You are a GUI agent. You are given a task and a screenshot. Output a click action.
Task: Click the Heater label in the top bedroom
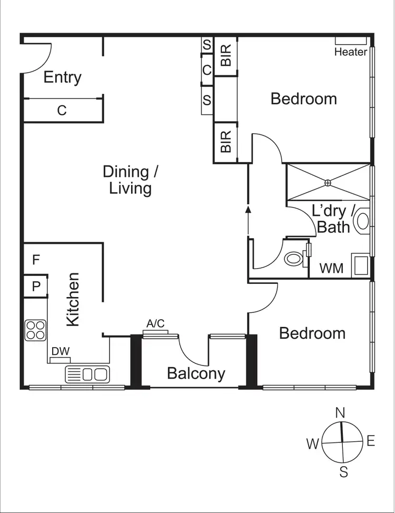click(351, 52)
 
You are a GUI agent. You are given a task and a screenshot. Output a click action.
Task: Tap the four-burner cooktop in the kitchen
click(35, 330)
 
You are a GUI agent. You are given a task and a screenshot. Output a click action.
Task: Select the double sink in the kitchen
click(87, 374)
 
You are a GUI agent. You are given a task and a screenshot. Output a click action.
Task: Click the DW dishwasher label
click(60, 351)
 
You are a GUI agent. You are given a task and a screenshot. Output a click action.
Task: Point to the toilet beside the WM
click(293, 259)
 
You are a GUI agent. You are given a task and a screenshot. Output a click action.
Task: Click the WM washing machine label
click(332, 269)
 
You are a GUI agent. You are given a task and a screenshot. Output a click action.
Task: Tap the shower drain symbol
click(328, 182)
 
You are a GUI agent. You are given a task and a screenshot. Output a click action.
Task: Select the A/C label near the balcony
click(155, 324)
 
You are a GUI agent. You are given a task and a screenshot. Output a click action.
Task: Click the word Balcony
click(196, 373)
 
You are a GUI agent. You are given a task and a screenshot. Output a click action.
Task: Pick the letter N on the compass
click(341, 412)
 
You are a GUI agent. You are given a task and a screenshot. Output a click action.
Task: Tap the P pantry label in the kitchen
click(36, 287)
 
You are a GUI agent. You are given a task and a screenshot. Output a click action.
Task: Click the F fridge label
click(36, 260)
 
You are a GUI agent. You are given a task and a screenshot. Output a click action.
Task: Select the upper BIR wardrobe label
click(226, 56)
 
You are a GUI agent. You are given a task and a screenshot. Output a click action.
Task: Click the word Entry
click(62, 77)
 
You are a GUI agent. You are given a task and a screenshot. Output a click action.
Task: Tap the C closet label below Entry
click(62, 111)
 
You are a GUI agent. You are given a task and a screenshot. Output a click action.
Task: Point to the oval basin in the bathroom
click(362, 221)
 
